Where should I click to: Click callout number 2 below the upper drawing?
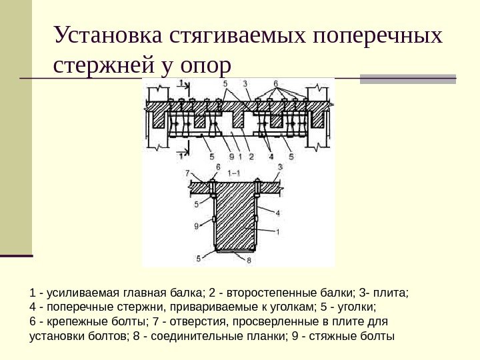point(251,157)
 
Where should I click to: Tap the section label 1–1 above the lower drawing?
point(234,172)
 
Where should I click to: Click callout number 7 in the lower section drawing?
point(188,173)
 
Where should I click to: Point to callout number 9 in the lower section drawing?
point(196,226)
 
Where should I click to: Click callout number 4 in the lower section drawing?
point(277,213)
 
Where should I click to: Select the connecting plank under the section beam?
point(235,252)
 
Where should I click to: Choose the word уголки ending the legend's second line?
point(358,307)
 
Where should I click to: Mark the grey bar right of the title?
point(408,79)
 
